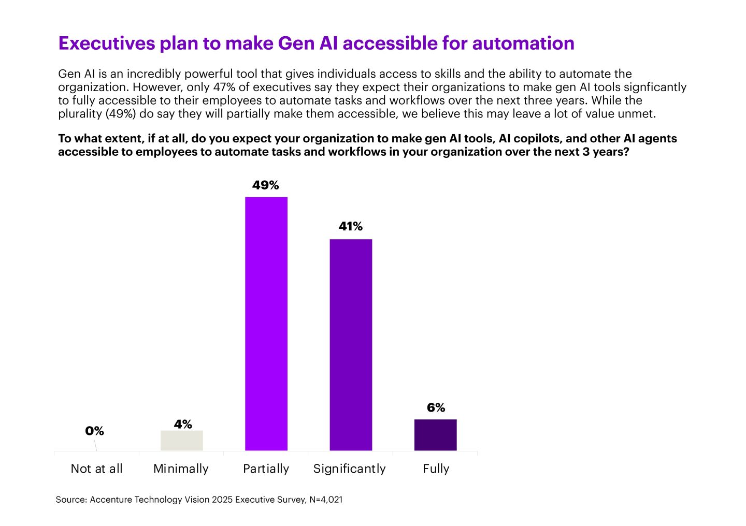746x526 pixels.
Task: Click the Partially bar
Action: click(x=266, y=324)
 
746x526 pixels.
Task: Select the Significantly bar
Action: click(x=351, y=345)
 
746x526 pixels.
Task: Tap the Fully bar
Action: click(x=435, y=435)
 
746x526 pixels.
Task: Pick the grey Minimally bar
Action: click(x=181, y=441)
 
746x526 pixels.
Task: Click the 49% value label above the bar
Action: click(x=266, y=185)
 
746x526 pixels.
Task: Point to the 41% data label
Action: click(x=351, y=227)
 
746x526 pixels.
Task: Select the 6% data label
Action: click(x=436, y=408)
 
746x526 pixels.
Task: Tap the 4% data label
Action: click(x=183, y=425)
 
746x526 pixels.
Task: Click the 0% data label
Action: click(x=94, y=431)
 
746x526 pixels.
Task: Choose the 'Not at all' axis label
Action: click(x=96, y=469)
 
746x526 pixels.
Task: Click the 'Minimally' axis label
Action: click(x=181, y=469)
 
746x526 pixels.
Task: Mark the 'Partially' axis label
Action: click(x=266, y=469)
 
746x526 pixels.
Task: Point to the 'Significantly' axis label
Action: click(x=350, y=469)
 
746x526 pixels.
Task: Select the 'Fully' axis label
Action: click(x=436, y=469)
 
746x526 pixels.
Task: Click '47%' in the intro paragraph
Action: click(x=224, y=87)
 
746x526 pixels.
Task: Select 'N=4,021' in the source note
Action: click(x=326, y=500)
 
